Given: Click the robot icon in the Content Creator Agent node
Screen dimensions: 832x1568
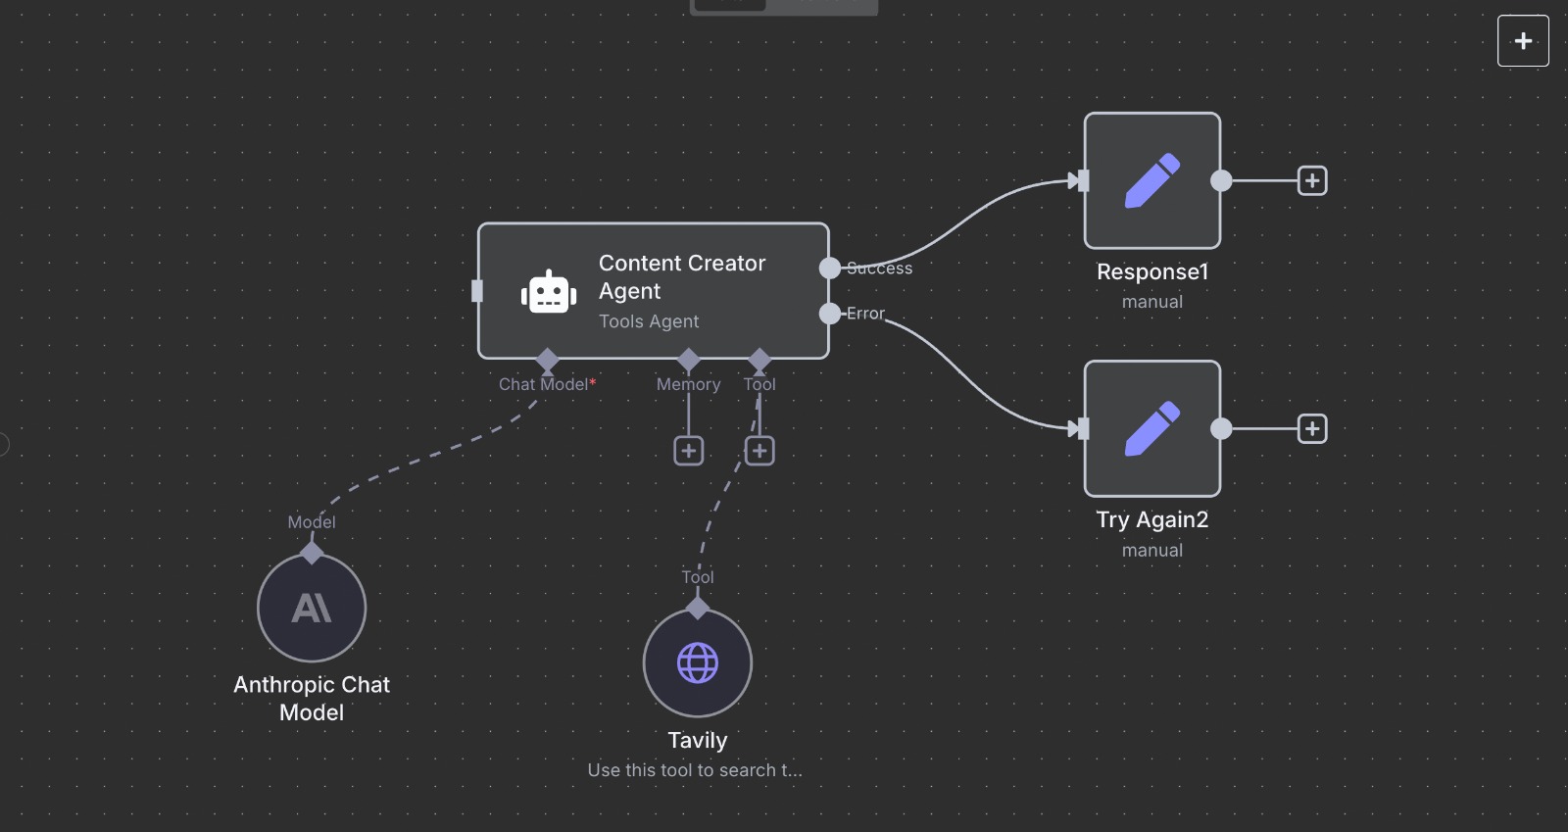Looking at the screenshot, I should [x=548, y=292].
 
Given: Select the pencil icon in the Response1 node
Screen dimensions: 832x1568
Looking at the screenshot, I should [x=1152, y=180].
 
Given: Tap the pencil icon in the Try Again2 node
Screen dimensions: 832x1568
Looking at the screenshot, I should [x=1152, y=428].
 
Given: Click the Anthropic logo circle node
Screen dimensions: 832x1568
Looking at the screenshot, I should [x=312, y=609].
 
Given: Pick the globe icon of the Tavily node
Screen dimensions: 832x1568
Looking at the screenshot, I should [x=698, y=663].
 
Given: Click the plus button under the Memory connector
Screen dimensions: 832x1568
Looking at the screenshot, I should [x=689, y=451].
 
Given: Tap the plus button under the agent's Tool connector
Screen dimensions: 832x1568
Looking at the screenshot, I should [x=759, y=451].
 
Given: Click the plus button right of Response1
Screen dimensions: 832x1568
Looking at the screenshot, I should [x=1312, y=180].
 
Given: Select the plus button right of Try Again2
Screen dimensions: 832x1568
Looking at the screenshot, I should [x=1312, y=428].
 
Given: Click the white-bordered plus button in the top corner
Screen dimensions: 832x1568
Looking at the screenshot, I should [x=1523, y=41].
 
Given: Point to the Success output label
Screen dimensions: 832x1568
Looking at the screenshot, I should [x=880, y=269].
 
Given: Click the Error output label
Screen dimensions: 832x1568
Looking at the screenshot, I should [x=866, y=314].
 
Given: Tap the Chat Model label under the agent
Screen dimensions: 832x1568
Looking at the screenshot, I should [x=544, y=384].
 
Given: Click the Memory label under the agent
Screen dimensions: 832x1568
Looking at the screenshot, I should [x=689, y=384].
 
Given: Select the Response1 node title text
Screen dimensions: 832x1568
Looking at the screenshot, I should [x=1152, y=272].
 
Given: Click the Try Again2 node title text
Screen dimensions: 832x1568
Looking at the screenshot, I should [x=1152, y=520].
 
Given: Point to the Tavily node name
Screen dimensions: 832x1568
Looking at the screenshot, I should [x=698, y=741].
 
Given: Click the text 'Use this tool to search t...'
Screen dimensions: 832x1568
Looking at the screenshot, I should [x=695, y=770].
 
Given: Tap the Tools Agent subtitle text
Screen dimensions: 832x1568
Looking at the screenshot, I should [x=649, y=321].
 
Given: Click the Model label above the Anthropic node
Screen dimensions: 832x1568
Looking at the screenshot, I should [x=312, y=522].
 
